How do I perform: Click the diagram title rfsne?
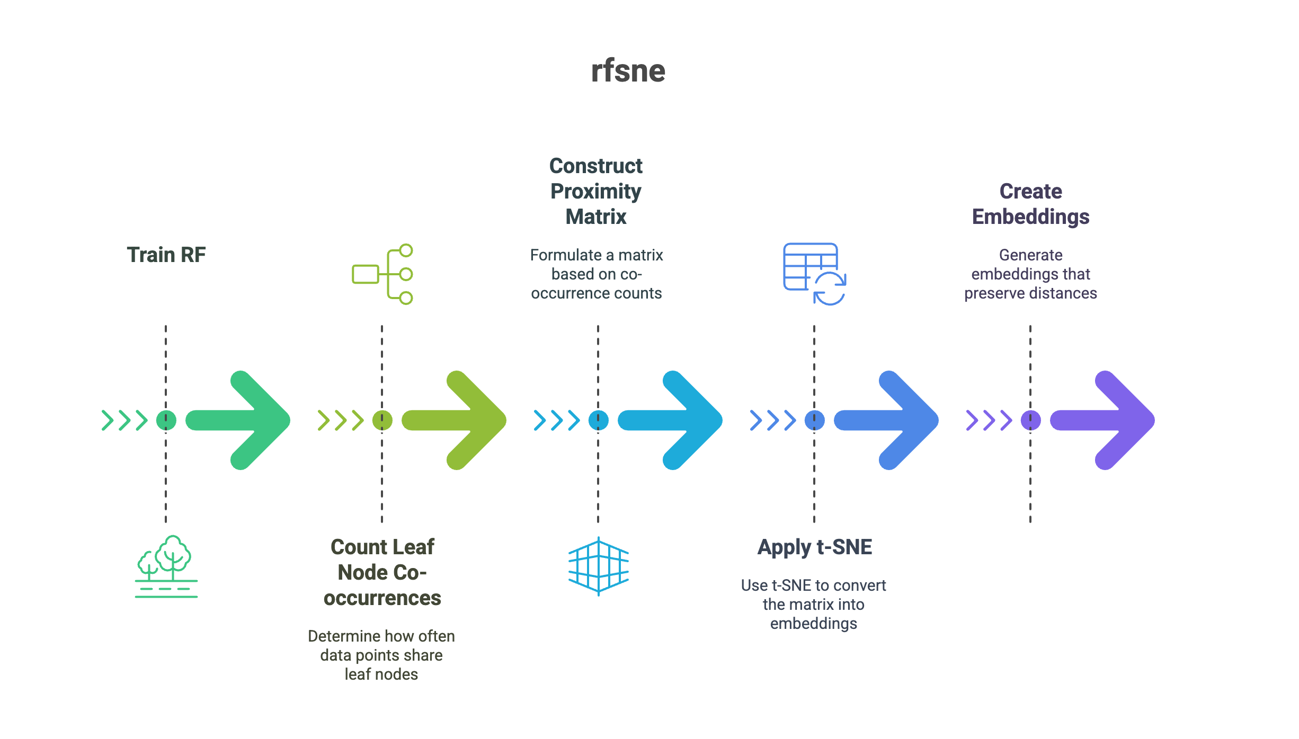628,71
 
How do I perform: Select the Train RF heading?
166,255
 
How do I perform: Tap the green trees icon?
166,566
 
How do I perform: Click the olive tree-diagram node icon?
382,274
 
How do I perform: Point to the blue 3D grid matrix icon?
598,566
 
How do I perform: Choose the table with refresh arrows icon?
814,274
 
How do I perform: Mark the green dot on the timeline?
166,420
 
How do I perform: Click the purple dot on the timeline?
1030,420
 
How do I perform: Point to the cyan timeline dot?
598,420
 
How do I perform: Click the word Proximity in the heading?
595,192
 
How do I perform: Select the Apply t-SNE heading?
814,547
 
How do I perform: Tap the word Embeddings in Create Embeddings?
1030,217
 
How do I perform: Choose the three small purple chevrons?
989,420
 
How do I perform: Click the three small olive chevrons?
341,420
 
